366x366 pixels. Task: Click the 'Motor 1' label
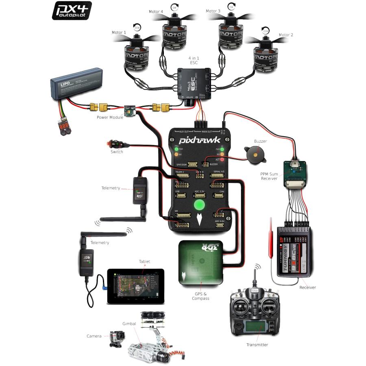click(x=119, y=32)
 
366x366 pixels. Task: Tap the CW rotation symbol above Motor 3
click(x=231, y=7)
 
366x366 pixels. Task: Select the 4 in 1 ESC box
click(x=193, y=83)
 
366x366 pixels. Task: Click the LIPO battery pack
click(x=75, y=87)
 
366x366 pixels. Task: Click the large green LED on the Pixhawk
click(x=199, y=205)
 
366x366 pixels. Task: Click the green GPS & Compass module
click(x=200, y=263)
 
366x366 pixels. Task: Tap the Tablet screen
click(x=136, y=286)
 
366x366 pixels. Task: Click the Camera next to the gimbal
click(x=117, y=339)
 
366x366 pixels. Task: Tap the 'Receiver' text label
click(x=307, y=288)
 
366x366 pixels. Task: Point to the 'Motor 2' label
click(x=286, y=35)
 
